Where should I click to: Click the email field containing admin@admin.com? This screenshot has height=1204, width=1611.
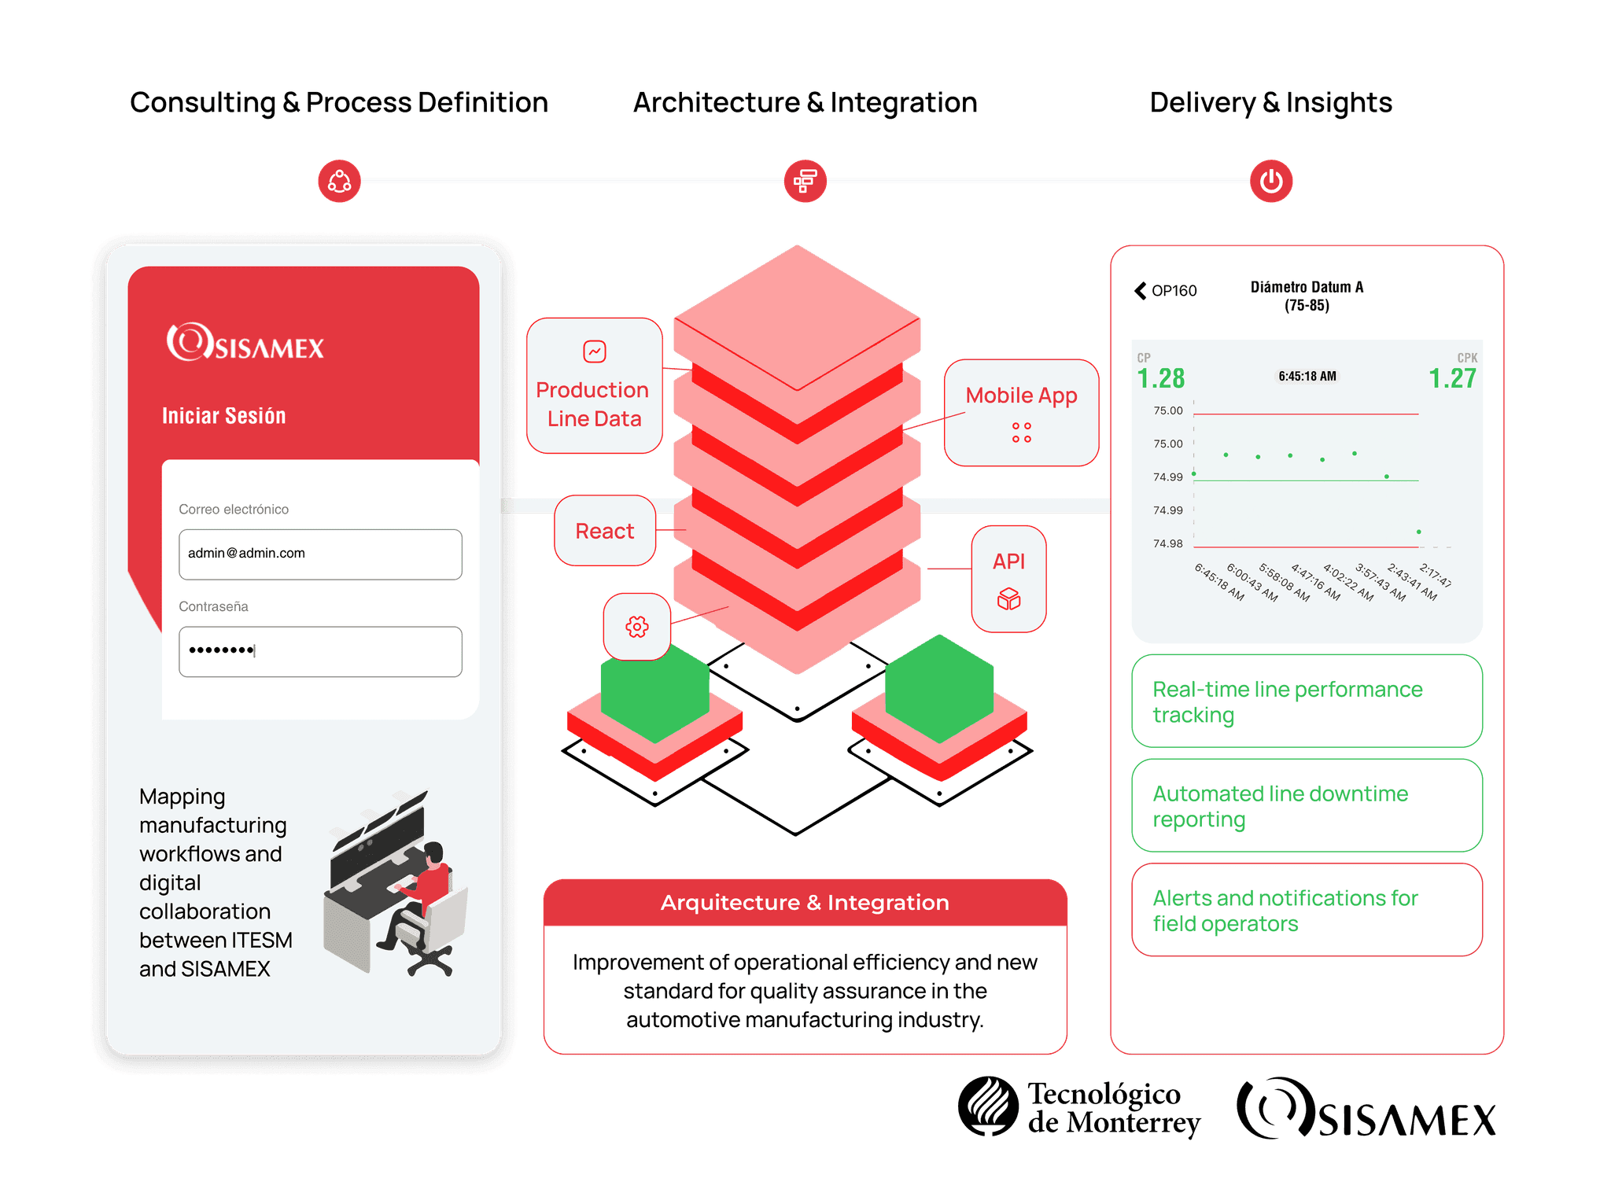320,554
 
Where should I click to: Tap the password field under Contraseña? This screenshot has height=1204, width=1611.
320,651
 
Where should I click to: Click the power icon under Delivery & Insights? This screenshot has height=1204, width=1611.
1271,181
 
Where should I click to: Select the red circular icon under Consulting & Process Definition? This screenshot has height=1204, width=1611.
339,181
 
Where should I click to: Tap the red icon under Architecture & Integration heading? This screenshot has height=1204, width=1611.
805,181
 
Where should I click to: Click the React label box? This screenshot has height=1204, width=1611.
605,531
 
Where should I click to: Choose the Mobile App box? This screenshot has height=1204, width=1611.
1021,413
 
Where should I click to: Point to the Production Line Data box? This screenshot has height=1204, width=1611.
595,385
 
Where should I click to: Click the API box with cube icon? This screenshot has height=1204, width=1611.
1009,579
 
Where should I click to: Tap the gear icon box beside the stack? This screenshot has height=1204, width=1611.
637,627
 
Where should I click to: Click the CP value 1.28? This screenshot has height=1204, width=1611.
1161,378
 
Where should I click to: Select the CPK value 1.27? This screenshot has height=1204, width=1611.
1452,378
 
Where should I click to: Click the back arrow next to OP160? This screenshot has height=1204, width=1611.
1141,291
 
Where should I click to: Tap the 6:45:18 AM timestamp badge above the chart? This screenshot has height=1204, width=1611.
1307,376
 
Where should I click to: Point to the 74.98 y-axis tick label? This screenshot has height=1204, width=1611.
1168,543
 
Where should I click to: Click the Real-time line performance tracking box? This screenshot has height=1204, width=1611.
1307,701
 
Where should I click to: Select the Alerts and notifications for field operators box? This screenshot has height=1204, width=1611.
1307,910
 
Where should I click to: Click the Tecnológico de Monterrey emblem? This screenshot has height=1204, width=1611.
989,1106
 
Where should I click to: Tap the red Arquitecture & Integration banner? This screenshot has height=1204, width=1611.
805,903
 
